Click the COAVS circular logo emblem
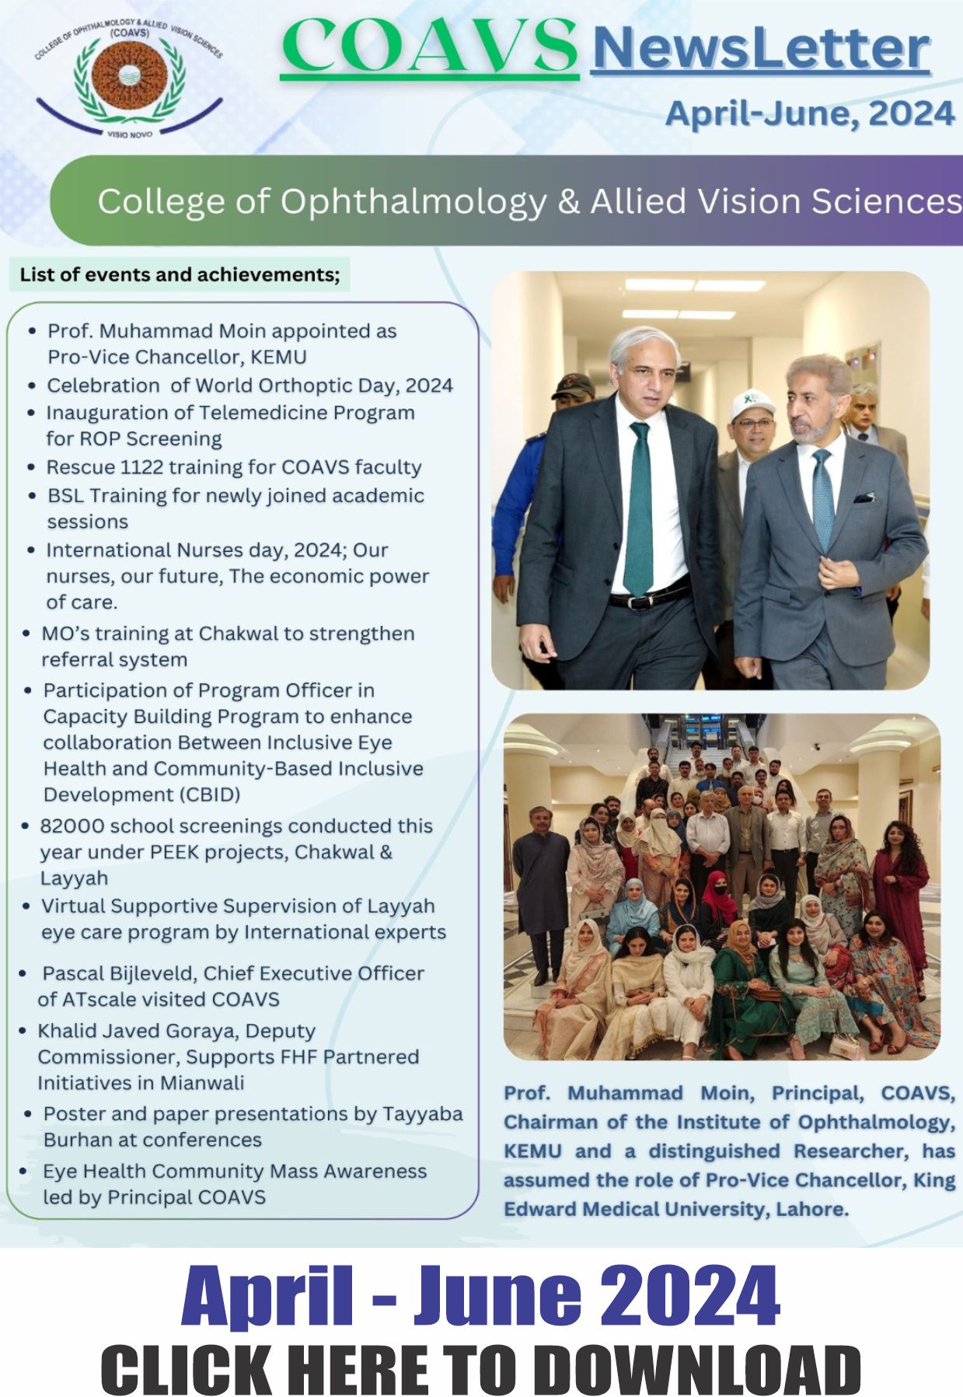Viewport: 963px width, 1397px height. (129, 78)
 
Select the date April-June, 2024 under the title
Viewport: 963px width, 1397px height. (809, 114)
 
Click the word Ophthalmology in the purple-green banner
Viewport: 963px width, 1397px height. (413, 201)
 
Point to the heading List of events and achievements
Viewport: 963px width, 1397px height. (180, 274)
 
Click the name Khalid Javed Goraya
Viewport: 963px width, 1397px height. (137, 1031)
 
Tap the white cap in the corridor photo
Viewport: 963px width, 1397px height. (752, 403)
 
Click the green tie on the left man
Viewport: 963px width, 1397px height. (639, 505)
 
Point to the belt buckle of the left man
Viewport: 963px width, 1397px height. (642, 601)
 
